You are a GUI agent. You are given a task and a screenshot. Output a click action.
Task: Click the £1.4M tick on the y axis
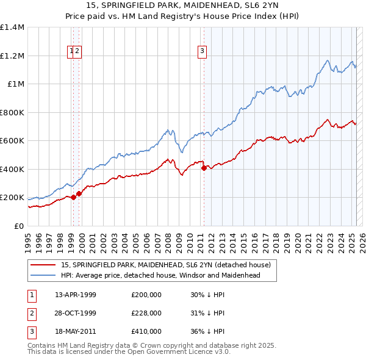click(x=12, y=27)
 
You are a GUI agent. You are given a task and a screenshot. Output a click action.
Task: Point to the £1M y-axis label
click(x=16, y=84)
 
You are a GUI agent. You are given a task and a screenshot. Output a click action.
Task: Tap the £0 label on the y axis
click(x=20, y=226)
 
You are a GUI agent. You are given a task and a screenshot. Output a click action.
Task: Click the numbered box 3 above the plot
click(x=201, y=52)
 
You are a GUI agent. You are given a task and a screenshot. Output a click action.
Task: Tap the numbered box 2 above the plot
click(x=78, y=52)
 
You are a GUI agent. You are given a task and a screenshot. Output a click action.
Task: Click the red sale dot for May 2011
click(x=204, y=168)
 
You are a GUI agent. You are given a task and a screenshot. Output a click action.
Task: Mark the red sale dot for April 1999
click(x=73, y=197)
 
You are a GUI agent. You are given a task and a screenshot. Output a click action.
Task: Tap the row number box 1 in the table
click(x=31, y=295)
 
